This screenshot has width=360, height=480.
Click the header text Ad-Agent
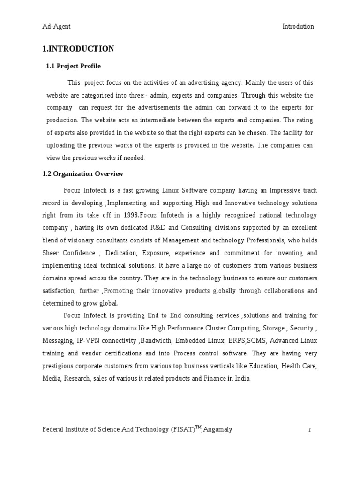(x=56, y=27)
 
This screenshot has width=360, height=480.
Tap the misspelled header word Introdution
(x=298, y=27)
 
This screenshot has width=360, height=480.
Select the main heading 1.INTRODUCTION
(x=78, y=49)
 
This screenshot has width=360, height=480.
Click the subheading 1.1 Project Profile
(x=73, y=67)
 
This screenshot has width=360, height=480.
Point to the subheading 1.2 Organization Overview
(x=83, y=174)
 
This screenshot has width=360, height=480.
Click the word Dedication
(x=123, y=253)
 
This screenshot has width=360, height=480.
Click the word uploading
(x=60, y=146)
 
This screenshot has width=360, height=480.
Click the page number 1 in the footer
(x=310, y=430)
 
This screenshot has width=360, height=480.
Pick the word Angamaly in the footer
(x=217, y=430)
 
